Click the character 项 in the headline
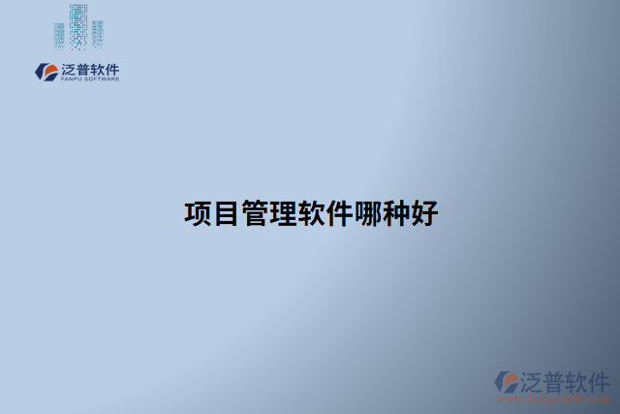(198, 213)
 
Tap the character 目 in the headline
(226, 213)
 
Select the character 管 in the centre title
(255, 213)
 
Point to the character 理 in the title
(283, 213)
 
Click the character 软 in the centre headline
(311, 213)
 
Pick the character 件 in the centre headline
(339, 213)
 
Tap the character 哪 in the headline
(368, 213)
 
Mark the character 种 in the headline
(396, 213)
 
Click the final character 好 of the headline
(424, 213)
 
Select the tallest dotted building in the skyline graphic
(77, 25)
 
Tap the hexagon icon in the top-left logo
(46, 72)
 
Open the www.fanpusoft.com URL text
(551, 398)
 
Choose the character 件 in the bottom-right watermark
(598, 380)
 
